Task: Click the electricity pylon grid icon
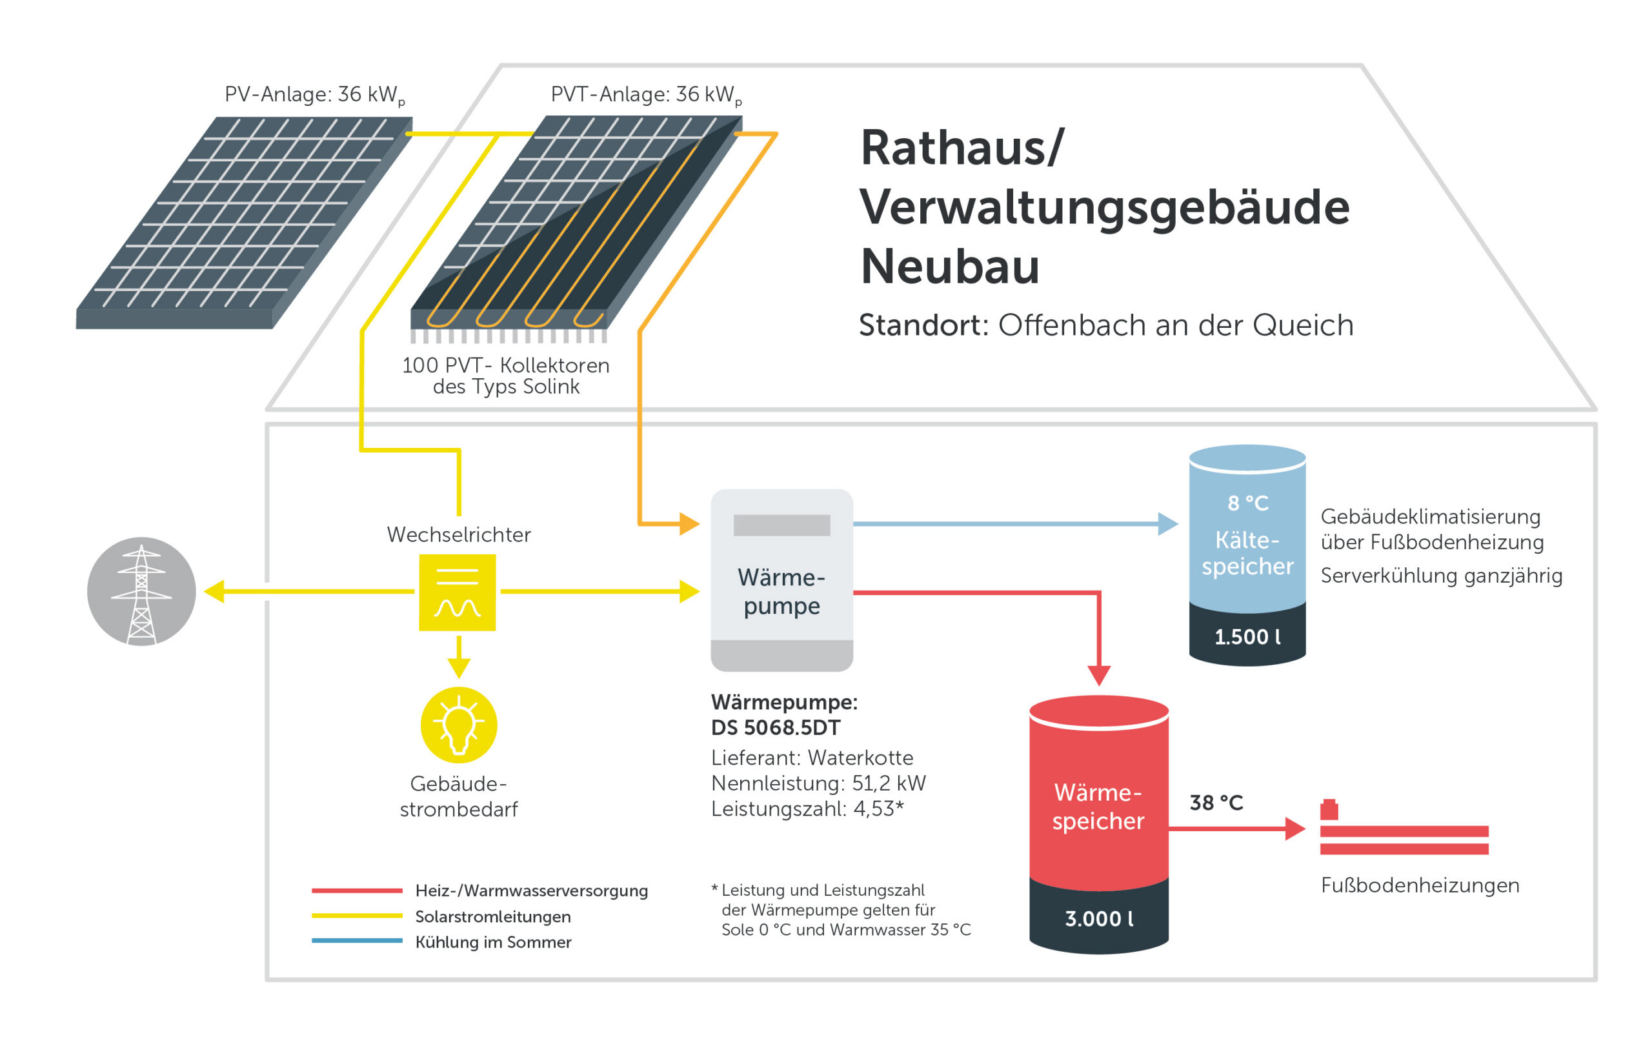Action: (141, 592)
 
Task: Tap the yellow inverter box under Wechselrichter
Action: (457, 592)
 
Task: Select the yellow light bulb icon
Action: (458, 725)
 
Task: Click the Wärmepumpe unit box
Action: (781, 580)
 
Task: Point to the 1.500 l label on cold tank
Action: (1247, 637)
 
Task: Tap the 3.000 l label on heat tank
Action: (1098, 918)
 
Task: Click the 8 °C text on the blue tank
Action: (1247, 503)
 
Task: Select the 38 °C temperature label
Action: (1216, 802)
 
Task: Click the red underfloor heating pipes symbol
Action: (1404, 838)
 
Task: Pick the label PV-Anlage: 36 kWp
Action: (315, 95)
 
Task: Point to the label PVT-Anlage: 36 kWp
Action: (646, 95)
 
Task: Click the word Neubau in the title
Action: (949, 267)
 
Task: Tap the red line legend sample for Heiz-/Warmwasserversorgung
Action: (357, 891)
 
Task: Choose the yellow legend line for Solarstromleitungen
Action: (357, 916)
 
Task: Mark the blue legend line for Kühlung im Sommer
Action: (357, 941)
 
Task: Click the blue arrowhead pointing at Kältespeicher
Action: (1167, 523)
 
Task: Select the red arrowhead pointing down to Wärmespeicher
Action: (1099, 675)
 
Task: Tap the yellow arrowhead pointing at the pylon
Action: (215, 592)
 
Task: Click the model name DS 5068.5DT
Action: (775, 727)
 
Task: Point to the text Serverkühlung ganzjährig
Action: (1442, 575)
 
